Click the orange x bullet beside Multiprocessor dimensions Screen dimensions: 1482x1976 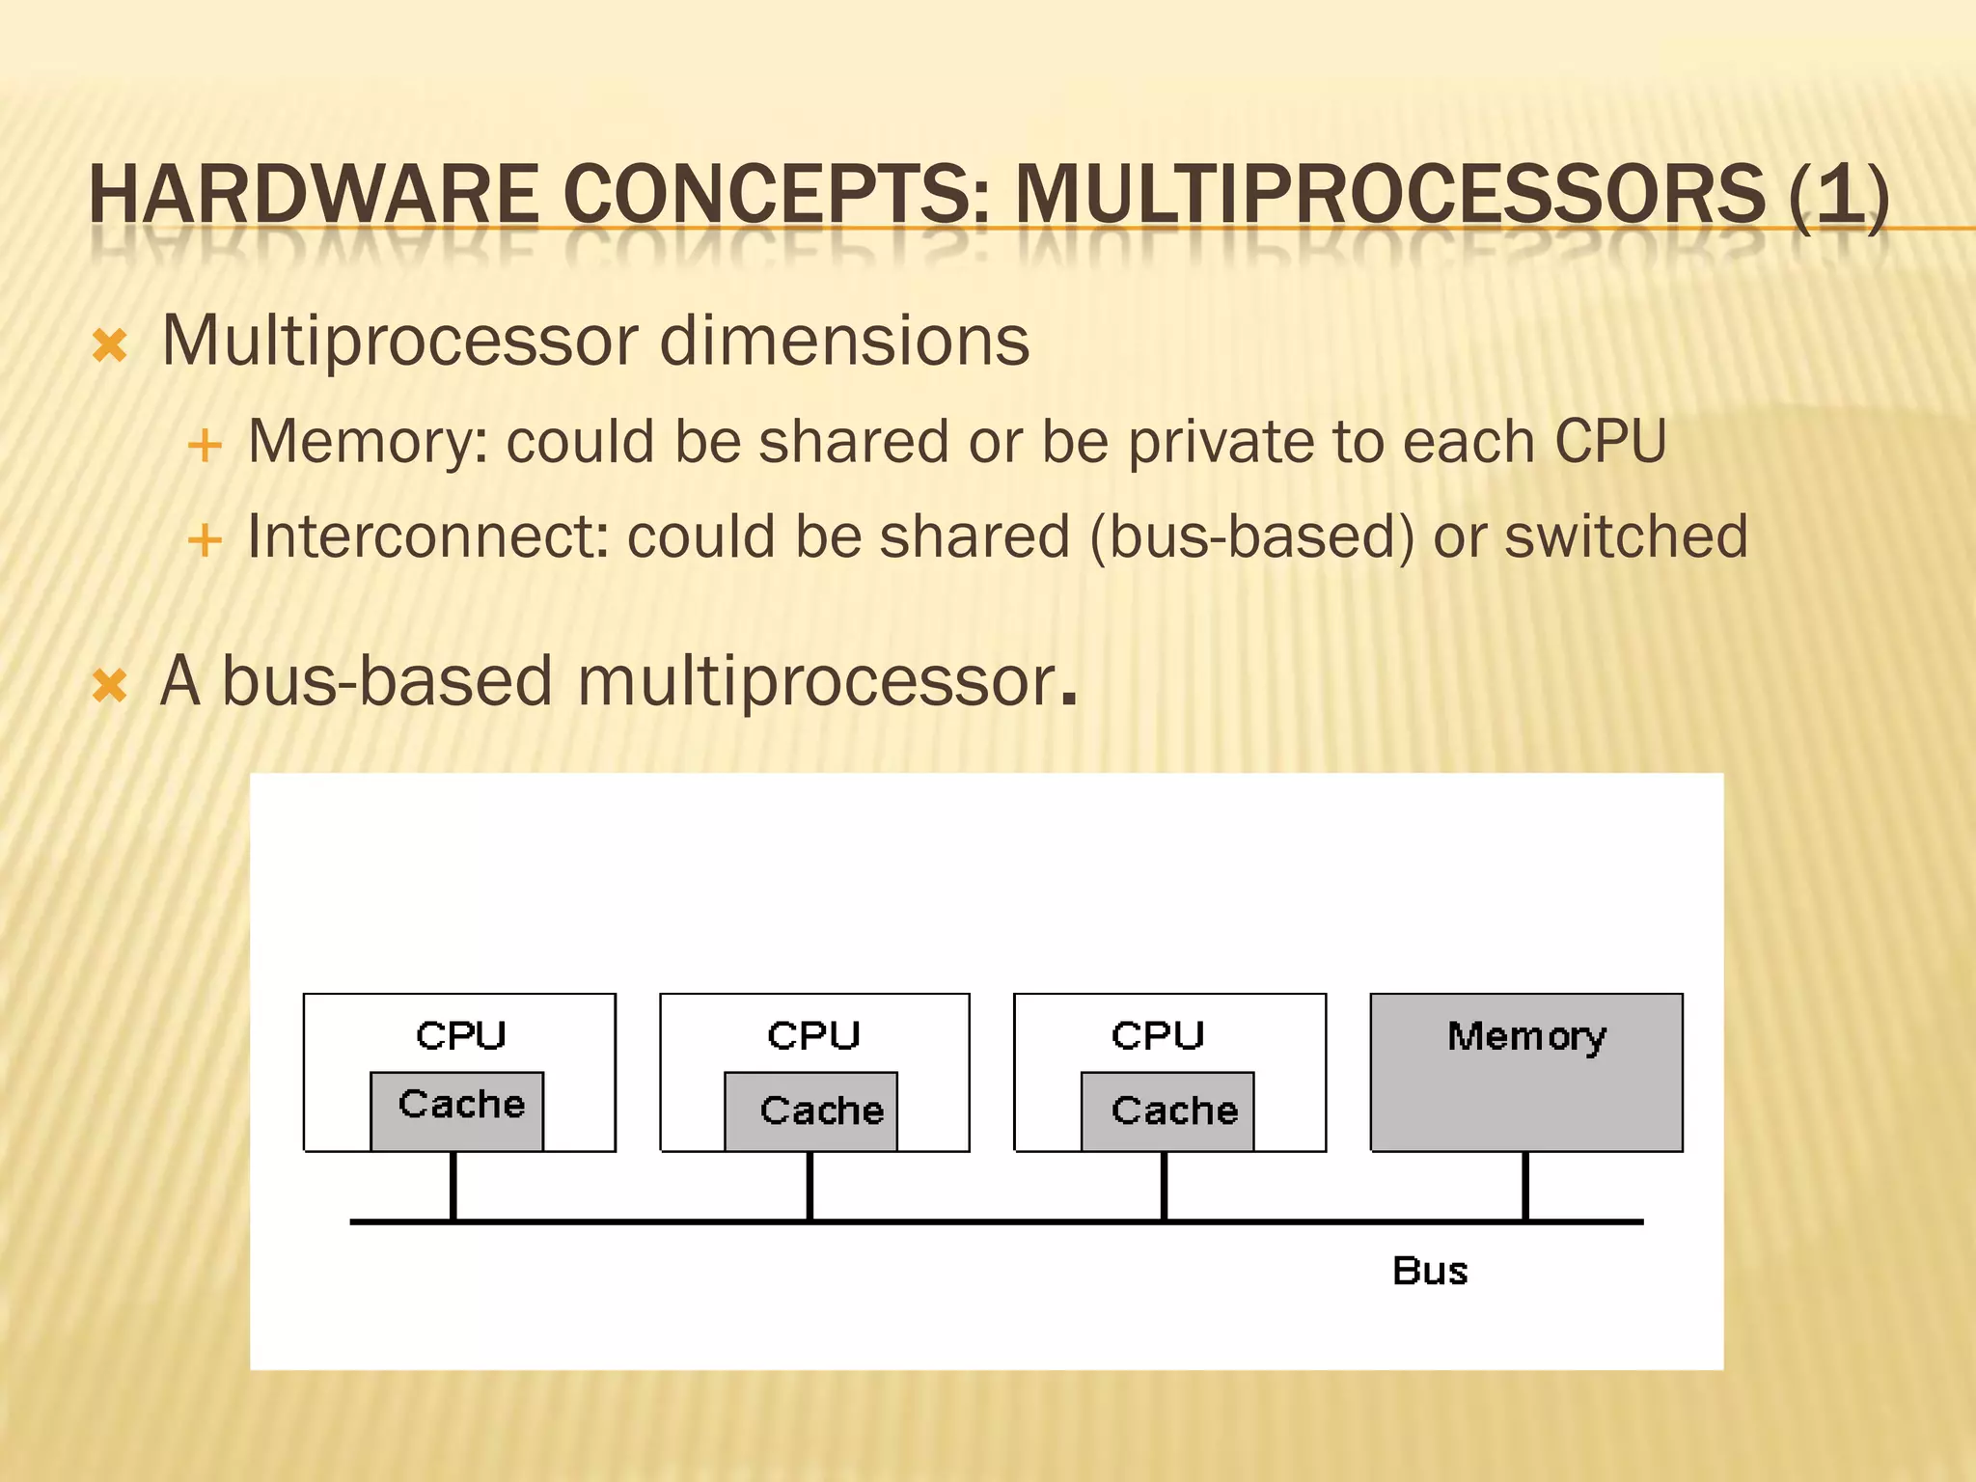pos(110,345)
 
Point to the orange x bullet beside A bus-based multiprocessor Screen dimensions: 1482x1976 pos(110,686)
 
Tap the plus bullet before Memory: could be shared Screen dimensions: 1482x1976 pos(205,447)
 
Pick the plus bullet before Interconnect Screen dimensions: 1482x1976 pos(205,540)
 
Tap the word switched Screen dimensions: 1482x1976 pos(1626,536)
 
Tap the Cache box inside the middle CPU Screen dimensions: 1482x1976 pos(811,1111)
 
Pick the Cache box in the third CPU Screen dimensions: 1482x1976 pos(1167,1111)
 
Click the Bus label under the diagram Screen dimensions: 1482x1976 pos(1430,1271)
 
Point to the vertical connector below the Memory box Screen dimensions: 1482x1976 pos(1525,1186)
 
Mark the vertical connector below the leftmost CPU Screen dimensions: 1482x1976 pos(453,1186)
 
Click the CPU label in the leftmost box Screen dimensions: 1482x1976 pos(460,1035)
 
